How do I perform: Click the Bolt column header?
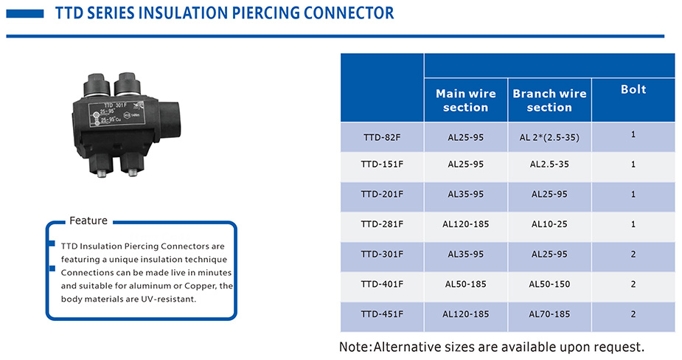[x=633, y=89]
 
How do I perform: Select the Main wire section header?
[x=466, y=100]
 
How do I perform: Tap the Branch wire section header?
[x=549, y=100]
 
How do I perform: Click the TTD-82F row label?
[x=382, y=137]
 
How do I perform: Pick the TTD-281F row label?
[x=382, y=224]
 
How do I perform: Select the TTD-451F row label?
[x=382, y=314]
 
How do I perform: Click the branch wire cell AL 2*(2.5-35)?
[x=549, y=137]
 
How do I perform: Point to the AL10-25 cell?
[x=549, y=224]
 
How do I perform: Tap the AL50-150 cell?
[x=549, y=284]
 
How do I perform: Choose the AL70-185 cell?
[x=549, y=314]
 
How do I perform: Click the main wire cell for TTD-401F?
[x=466, y=284]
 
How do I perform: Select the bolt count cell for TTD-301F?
[x=633, y=255]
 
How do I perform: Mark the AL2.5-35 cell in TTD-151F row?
[x=549, y=165]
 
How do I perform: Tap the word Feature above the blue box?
[x=88, y=221]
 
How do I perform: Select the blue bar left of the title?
[x=25, y=13]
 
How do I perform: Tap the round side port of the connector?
[x=170, y=118]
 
